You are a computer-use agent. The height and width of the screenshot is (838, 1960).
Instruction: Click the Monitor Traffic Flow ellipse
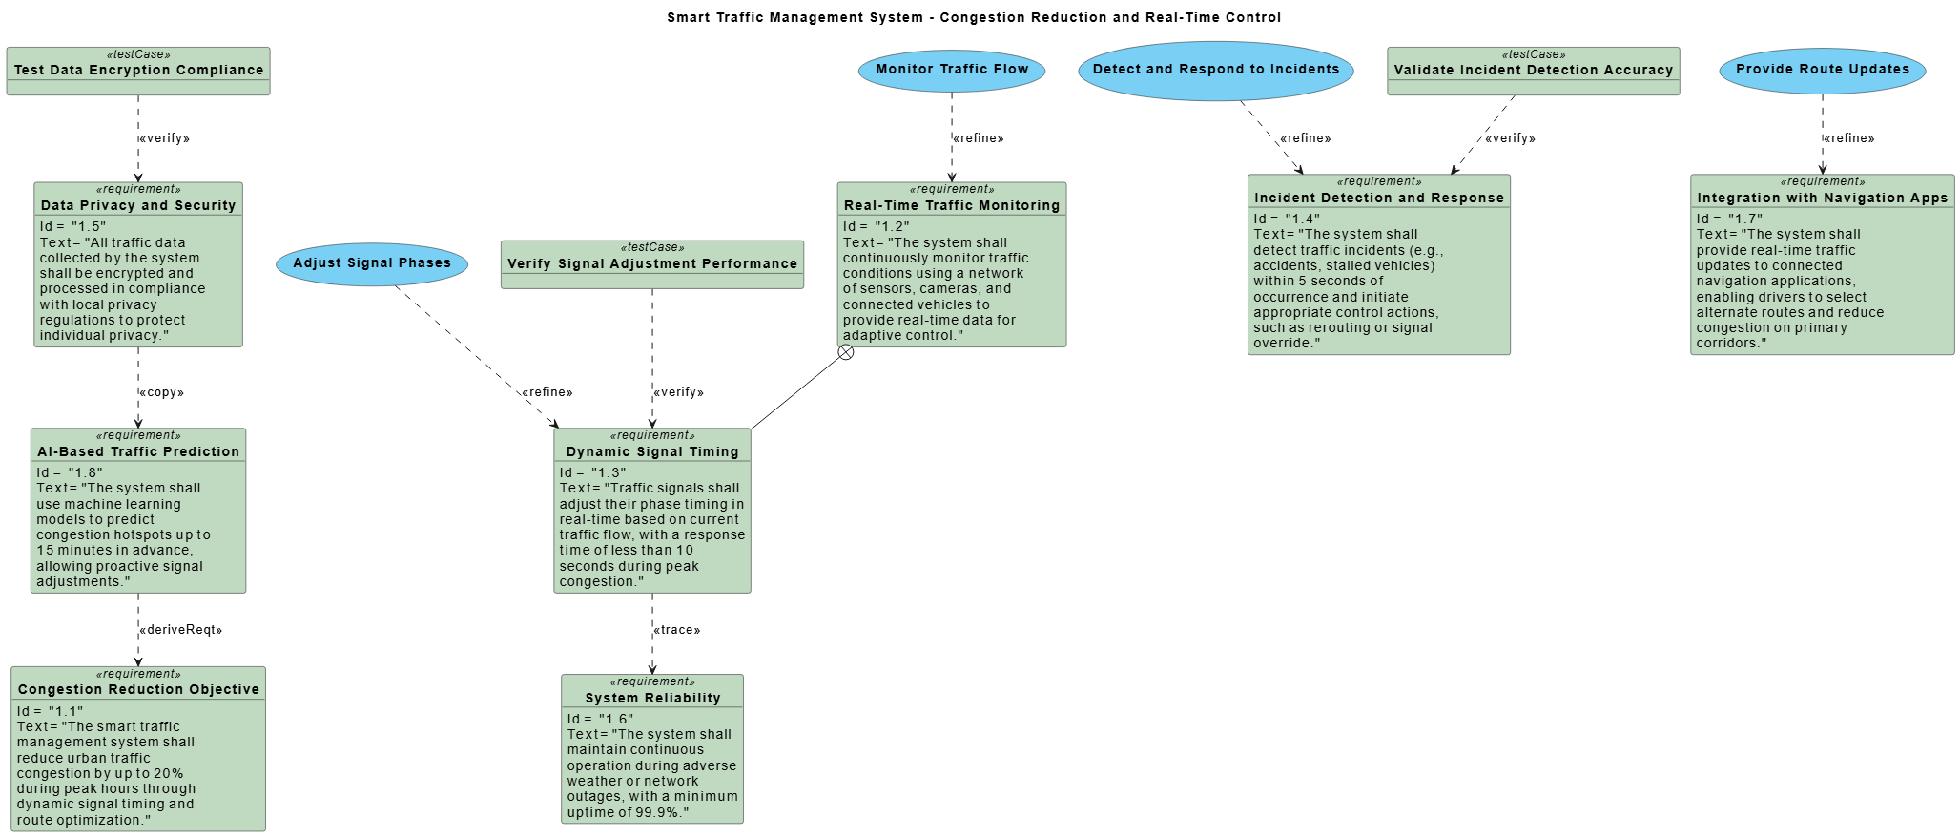[x=951, y=70]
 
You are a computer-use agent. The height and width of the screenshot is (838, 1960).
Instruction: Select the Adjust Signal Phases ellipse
[x=372, y=263]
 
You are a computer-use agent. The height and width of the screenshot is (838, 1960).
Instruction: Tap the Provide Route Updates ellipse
[x=1822, y=70]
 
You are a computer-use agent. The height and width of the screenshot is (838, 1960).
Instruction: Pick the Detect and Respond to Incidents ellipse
[x=1215, y=70]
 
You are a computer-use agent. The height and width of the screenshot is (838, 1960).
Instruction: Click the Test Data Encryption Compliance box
[x=138, y=71]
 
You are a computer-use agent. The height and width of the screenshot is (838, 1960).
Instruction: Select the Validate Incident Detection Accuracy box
[x=1533, y=71]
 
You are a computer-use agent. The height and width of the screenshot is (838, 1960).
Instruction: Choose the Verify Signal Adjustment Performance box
[x=652, y=264]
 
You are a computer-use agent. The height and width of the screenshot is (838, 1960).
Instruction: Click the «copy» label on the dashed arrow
[x=161, y=392]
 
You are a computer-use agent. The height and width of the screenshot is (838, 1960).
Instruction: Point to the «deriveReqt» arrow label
[x=180, y=630]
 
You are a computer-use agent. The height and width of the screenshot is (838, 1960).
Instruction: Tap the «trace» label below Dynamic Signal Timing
[x=676, y=630]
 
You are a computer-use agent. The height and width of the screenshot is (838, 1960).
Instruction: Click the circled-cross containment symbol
[x=846, y=353]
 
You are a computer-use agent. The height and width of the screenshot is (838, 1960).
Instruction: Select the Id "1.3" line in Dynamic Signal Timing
[x=592, y=472]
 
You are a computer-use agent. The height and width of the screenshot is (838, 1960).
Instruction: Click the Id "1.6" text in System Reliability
[x=600, y=719]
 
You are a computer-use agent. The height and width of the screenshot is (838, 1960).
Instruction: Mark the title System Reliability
[x=652, y=698]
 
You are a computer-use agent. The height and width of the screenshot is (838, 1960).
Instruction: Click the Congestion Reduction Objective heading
[x=138, y=689]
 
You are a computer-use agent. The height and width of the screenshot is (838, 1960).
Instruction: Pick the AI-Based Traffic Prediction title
[x=138, y=451]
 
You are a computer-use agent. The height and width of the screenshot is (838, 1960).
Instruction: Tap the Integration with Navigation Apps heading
[x=1822, y=198]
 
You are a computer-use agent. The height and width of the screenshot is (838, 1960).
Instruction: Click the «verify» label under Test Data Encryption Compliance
[x=164, y=138]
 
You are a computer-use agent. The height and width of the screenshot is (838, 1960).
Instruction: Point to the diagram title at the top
[x=974, y=17]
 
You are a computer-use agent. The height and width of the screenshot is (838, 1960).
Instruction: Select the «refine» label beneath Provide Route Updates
[x=1848, y=138]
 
